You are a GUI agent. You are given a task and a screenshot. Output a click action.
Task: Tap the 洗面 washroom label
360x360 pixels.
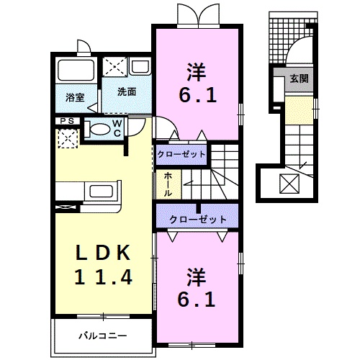click(127, 91)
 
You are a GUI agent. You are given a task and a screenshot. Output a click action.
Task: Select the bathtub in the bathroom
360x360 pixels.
click(74, 72)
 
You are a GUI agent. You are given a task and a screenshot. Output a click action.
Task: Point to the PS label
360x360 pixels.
click(67, 121)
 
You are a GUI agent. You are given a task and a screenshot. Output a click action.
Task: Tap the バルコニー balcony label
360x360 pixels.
click(102, 336)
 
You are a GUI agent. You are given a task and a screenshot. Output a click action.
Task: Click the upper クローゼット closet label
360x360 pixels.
click(181, 154)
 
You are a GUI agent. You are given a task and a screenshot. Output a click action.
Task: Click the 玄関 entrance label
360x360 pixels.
click(299, 79)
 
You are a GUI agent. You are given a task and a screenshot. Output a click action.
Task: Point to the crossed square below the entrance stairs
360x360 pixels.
click(291, 184)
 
